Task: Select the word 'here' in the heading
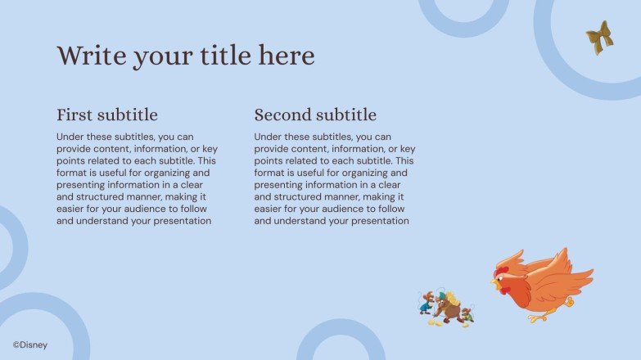pos(286,56)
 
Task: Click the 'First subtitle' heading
pos(107,115)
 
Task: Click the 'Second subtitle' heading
pos(315,115)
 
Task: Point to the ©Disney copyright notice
pos(30,344)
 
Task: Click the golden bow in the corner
pos(599,38)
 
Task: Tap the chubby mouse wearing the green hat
pos(447,308)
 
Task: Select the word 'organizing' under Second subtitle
pos(381,173)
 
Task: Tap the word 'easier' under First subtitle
pos(72,209)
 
